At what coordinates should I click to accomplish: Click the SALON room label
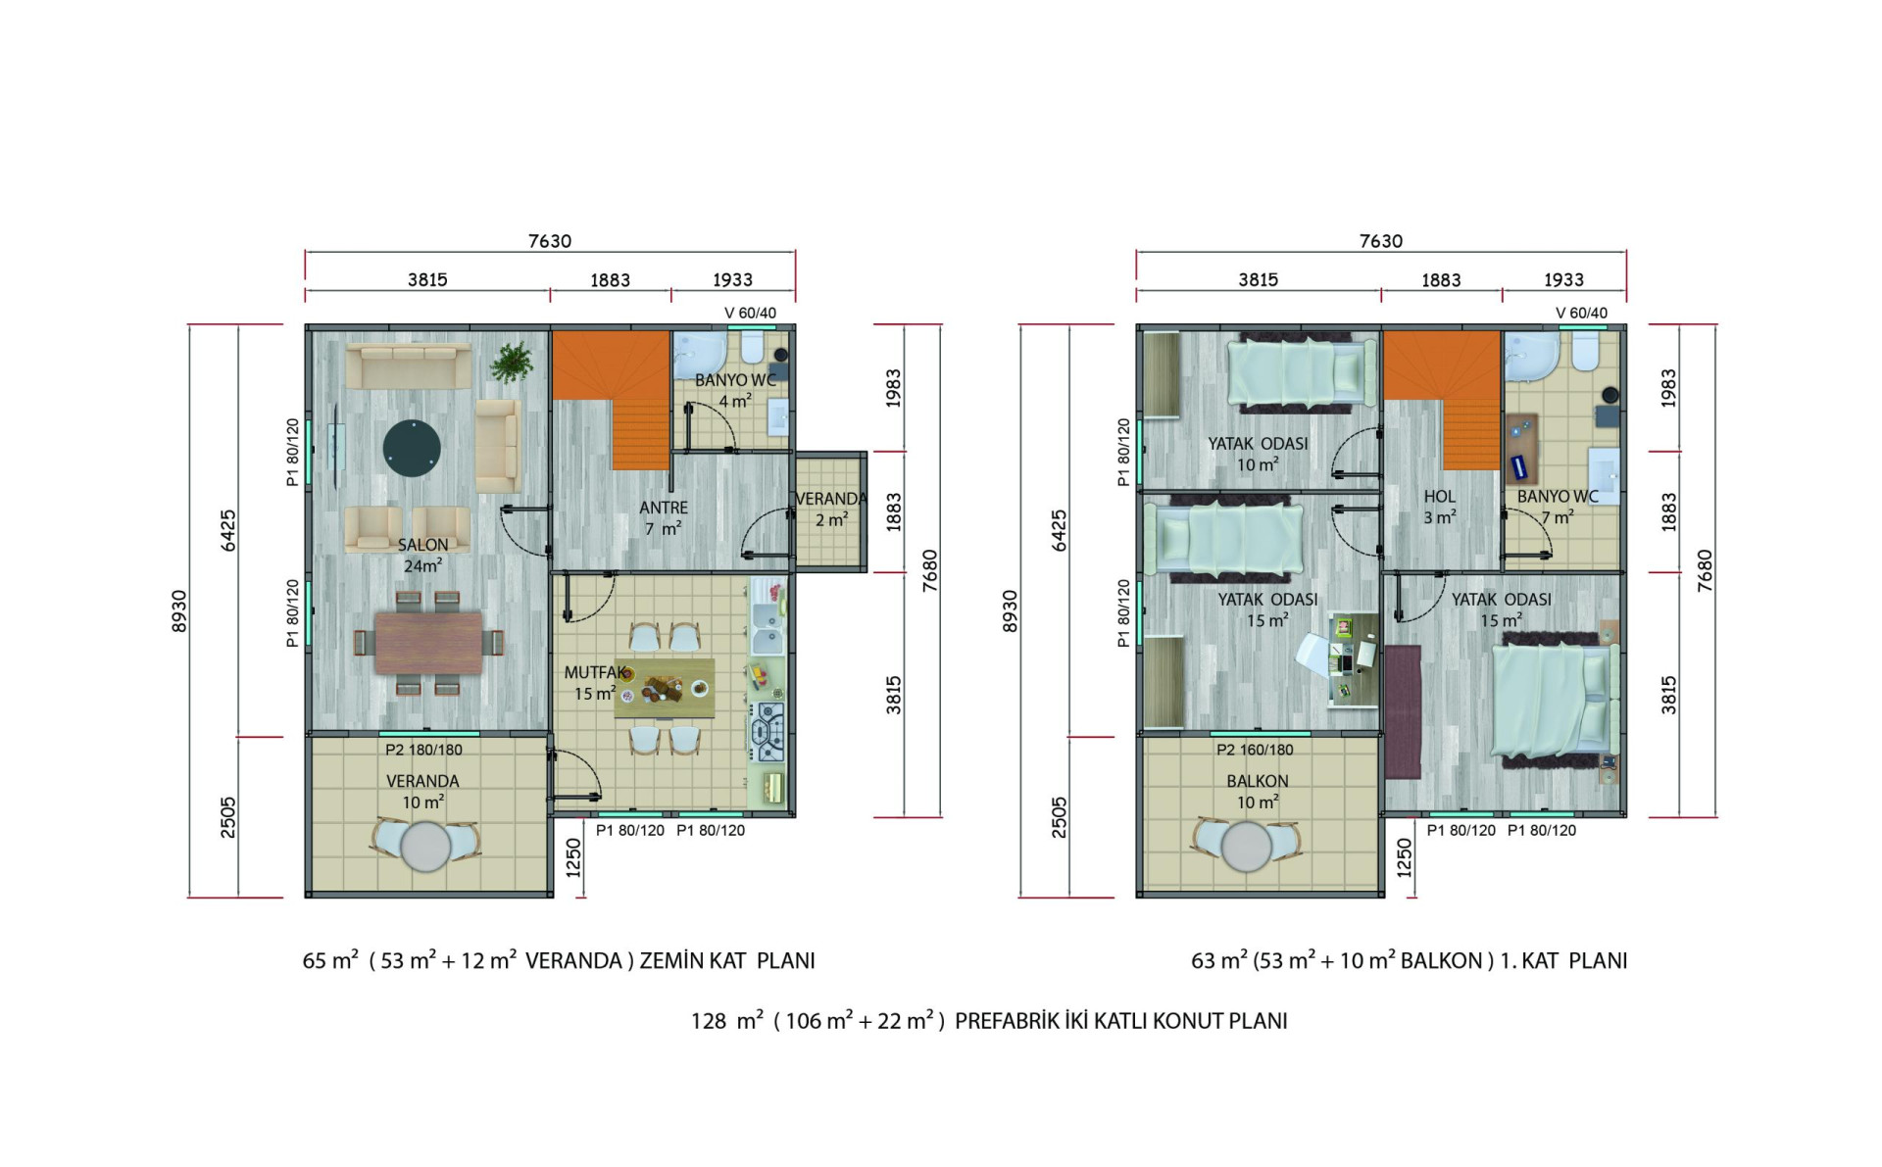click(x=422, y=545)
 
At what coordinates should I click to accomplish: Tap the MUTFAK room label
click(x=596, y=672)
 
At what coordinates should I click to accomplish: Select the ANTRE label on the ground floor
click(x=664, y=508)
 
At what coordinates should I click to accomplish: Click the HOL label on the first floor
click(x=1439, y=497)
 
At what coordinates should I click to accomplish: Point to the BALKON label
click(x=1258, y=781)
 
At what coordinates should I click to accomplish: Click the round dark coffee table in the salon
click(x=412, y=449)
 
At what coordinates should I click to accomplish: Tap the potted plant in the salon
click(x=511, y=362)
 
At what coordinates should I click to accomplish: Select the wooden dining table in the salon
click(x=428, y=643)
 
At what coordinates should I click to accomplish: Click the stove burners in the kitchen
click(x=768, y=732)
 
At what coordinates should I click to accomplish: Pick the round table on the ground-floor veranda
click(x=425, y=847)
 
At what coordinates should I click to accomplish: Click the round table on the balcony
click(x=1247, y=847)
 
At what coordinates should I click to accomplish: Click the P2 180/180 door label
click(x=423, y=750)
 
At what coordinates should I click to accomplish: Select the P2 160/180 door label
click(x=1255, y=750)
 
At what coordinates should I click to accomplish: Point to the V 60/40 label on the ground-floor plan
click(x=750, y=313)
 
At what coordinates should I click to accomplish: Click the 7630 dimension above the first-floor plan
click(x=1381, y=241)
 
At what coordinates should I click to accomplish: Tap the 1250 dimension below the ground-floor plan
click(x=574, y=857)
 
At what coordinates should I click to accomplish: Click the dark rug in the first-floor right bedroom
click(x=1403, y=711)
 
